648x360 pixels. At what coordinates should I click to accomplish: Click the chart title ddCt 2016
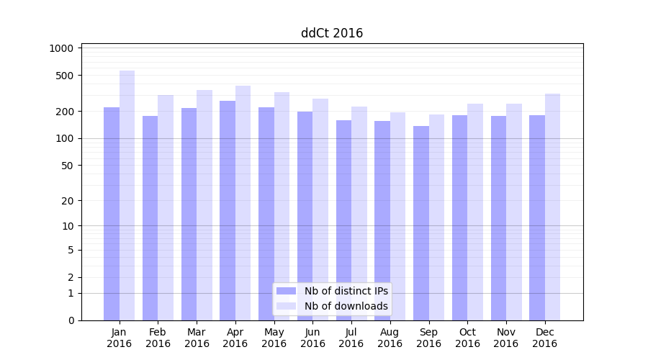331,33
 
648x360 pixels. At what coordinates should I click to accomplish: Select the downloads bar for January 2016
127,194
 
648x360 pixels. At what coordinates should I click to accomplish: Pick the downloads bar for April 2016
243,202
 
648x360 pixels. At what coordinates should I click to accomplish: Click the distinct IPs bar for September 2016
421,222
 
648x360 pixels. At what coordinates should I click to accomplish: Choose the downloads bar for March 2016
204,204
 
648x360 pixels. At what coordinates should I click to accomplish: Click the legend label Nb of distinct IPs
346,291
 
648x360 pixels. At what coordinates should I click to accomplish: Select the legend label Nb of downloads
346,306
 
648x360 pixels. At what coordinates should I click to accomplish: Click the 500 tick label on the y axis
66,76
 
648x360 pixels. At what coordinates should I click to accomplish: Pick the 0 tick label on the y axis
71,320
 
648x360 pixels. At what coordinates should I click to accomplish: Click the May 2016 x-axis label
274,338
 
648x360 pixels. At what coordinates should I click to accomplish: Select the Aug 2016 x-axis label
390,338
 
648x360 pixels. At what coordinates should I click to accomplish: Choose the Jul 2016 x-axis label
351,338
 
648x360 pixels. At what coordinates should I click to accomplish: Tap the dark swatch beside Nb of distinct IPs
287,291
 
